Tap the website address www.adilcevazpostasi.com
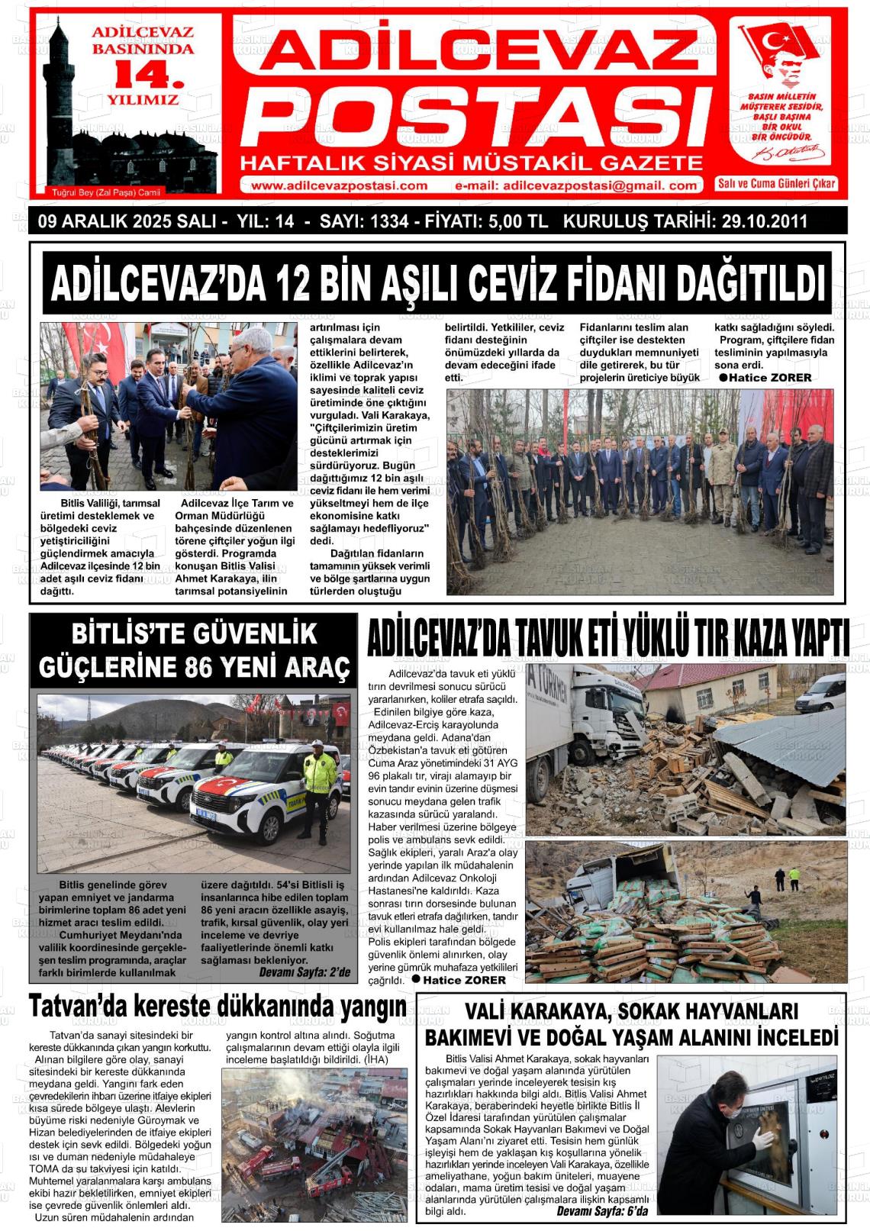click(339, 185)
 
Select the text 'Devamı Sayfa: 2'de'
click(304, 972)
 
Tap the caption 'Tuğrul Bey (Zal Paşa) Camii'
click(107, 192)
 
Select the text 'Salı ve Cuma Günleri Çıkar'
click(777, 184)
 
